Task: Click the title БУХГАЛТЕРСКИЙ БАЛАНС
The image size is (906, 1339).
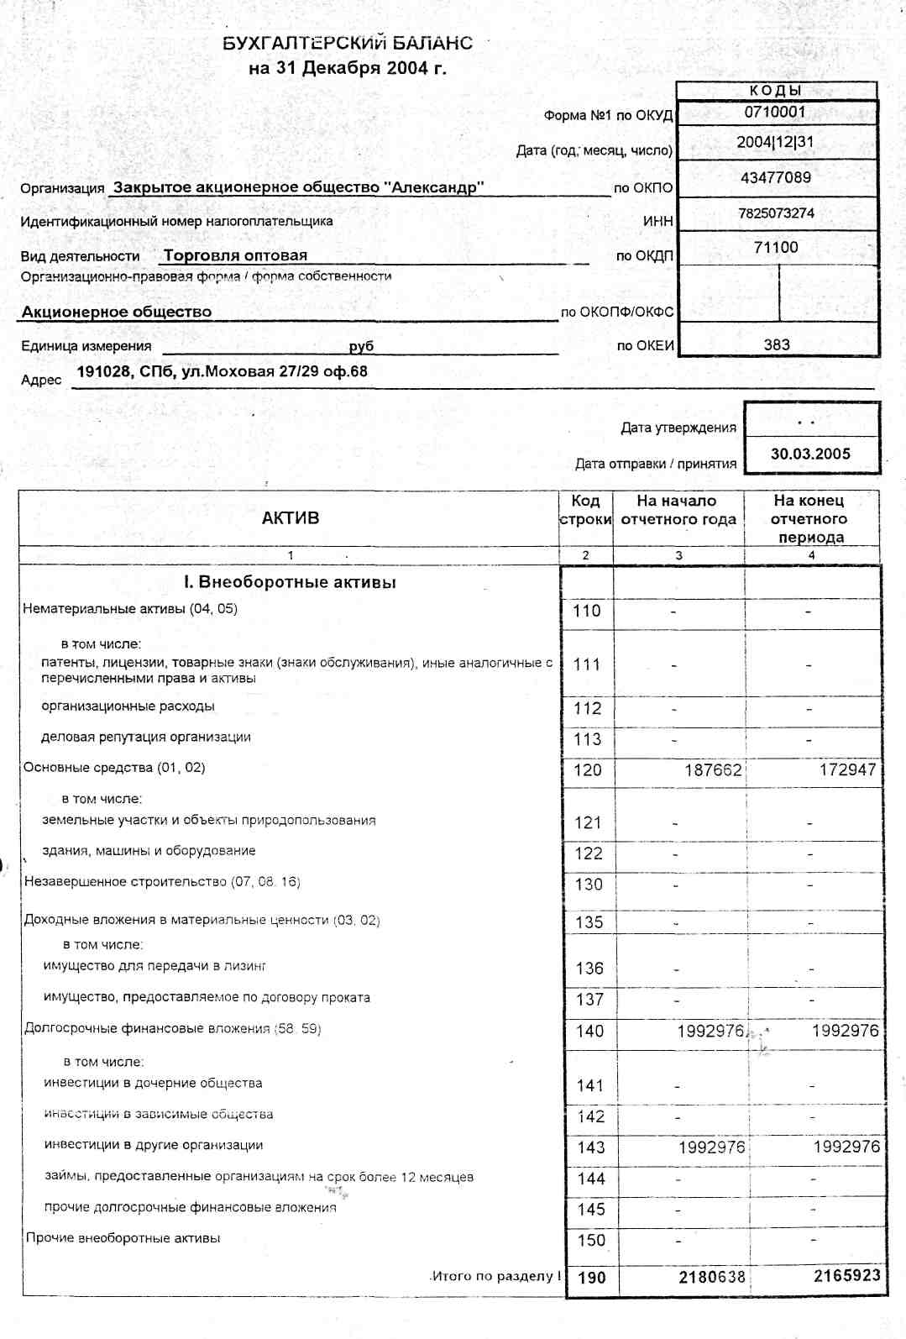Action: tap(348, 43)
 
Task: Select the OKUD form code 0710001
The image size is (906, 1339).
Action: tap(775, 112)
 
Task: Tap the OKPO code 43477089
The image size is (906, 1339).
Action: tap(776, 177)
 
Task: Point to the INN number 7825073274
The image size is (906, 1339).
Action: tap(776, 213)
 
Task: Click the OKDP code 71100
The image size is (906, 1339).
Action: tap(776, 248)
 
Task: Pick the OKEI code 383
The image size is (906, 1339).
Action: tap(777, 344)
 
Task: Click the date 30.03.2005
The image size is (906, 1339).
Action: tap(810, 454)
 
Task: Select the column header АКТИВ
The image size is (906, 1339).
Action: tap(291, 518)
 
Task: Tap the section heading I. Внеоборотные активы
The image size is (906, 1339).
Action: tap(290, 582)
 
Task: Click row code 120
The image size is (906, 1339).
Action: tap(588, 769)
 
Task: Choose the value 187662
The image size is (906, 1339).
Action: tap(713, 769)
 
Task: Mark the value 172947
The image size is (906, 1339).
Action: tap(847, 769)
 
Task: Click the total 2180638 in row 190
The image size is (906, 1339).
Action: tap(712, 1277)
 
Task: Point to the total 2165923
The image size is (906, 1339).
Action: tap(846, 1275)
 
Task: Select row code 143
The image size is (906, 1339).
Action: tap(591, 1147)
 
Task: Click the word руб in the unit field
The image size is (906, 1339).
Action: tap(361, 346)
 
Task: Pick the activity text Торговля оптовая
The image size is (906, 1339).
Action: tap(235, 255)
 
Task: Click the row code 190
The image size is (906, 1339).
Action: tap(592, 1278)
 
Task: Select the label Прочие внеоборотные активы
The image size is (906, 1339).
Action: tap(123, 1238)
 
